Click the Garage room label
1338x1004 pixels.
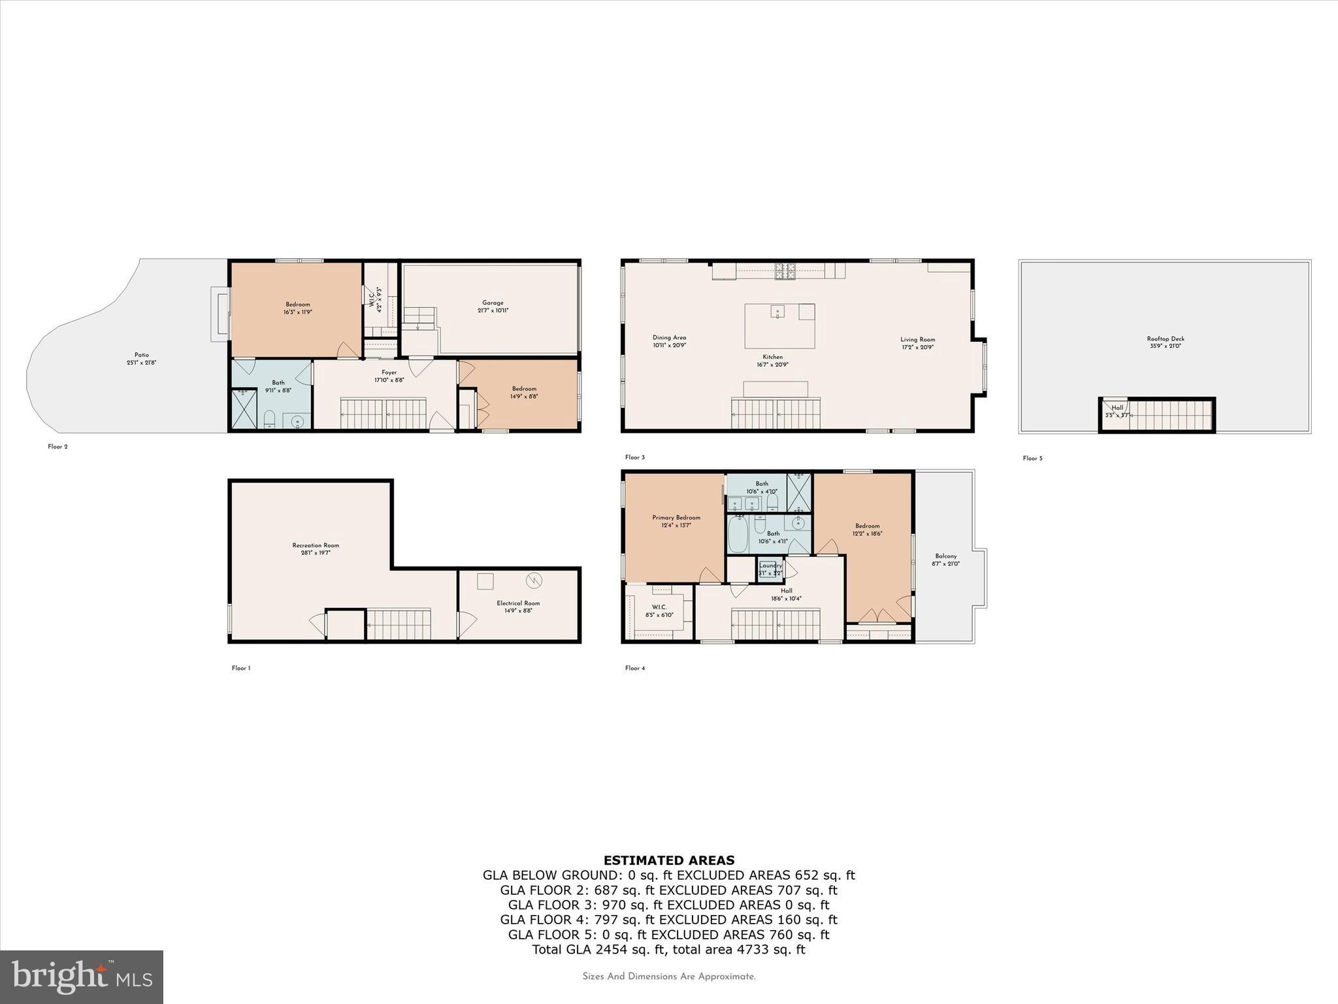(493, 303)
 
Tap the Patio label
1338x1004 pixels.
(142, 356)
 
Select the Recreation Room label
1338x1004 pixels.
(316, 546)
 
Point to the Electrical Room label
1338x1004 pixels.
(518, 603)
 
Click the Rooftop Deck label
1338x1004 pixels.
(1166, 339)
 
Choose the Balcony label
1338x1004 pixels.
(945, 556)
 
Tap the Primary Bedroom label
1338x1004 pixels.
(676, 518)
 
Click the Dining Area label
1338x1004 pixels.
(669, 338)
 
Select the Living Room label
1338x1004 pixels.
(917, 340)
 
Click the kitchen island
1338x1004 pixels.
(779, 325)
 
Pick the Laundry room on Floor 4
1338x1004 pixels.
(770, 569)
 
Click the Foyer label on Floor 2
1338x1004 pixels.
(389, 373)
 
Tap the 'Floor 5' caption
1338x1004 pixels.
(1032, 458)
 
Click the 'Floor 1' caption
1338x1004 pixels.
(240, 668)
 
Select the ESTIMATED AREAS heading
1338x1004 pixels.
(668, 860)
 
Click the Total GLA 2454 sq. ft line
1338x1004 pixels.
(668, 950)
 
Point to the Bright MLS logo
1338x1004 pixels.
(82, 977)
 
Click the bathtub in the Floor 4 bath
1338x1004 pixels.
(738, 535)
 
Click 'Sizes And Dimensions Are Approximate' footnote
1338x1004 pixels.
(668, 977)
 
